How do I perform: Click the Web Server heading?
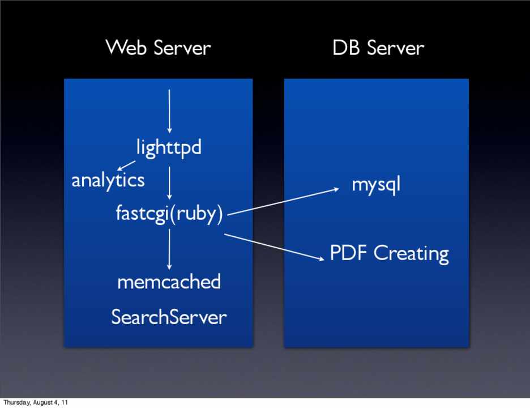pyautogui.click(x=157, y=47)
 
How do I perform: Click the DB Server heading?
pyautogui.click(x=378, y=47)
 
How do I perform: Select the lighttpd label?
pyautogui.click(x=169, y=148)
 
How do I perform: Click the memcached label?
pyautogui.click(x=169, y=281)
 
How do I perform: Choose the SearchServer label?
pyautogui.click(x=169, y=317)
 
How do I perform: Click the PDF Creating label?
pyautogui.click(x=389, y=253)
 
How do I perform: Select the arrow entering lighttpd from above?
pyautogui.click(x=169, y=110)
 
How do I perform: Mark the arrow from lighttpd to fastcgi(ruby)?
pyautogui.click(x=169, y=182)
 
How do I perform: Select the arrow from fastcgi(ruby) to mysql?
pyautogui.click(x=283, y=201)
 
